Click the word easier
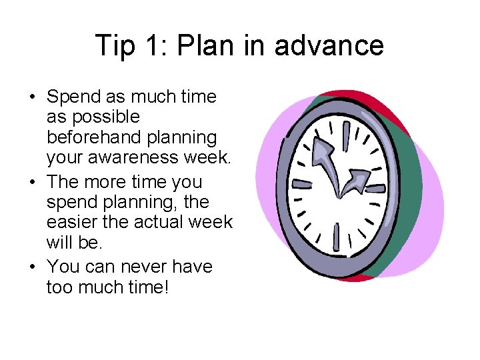tap(69, 221)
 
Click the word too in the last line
tap(58, 287)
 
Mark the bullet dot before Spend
tap(32, 97)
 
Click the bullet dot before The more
tap(32, 182)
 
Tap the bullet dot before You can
tap(32, 267)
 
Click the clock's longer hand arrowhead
tap(323, 147)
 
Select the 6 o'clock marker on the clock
tap(336, 236)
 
